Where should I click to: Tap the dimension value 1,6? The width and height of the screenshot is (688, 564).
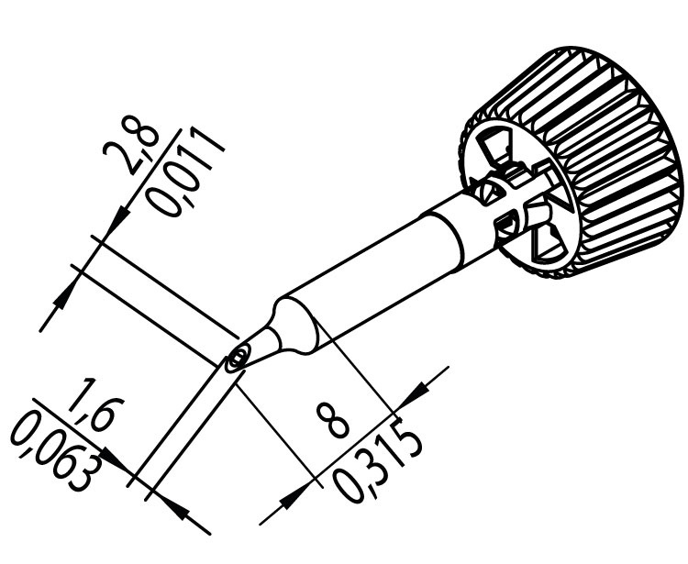(x=90, y=415)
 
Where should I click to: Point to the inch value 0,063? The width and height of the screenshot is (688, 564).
(x=58, y=449)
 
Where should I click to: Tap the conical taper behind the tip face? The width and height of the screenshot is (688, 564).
(x=266, y=339)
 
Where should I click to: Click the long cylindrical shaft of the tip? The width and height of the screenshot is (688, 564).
(x=367, y=280)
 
